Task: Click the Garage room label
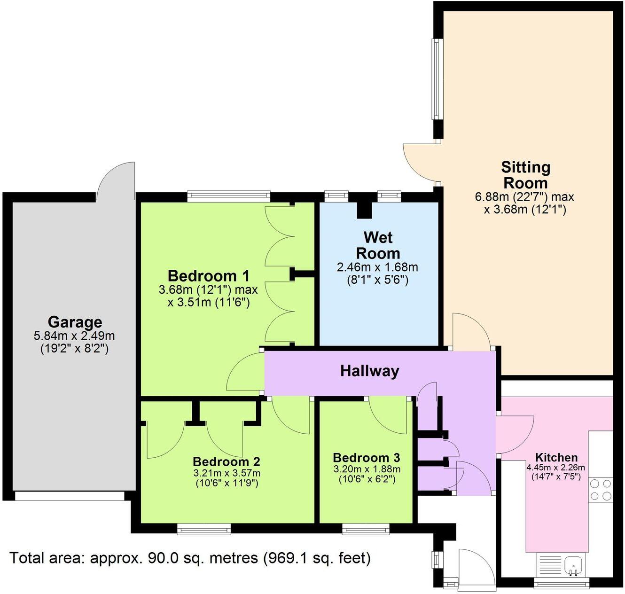[75, 322]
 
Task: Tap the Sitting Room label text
[525, 175]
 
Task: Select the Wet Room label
[378, 245]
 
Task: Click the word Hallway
[369, 371]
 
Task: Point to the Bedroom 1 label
[208, 275]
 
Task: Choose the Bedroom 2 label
[226, 461]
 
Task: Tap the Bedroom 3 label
[366, 457]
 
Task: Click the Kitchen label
[556, 457]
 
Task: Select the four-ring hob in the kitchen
[601, 489]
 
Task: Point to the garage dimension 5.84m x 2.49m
[74, 336]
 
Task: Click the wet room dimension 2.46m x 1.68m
[377, 267]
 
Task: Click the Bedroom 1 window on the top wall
[228, 196]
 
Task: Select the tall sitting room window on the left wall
[437, 78]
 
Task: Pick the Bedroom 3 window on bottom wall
[366, 530]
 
